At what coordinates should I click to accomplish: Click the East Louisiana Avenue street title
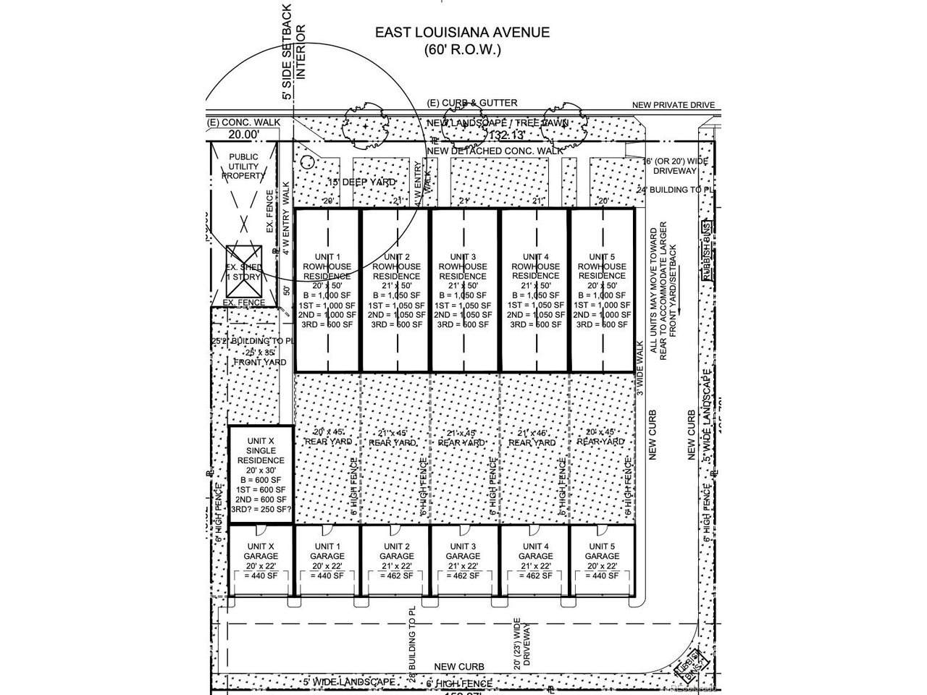pos(461,33)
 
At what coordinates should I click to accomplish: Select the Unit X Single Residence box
pos(261,475)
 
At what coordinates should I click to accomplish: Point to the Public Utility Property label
pos(243,167)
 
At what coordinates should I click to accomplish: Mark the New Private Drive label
pos(673,106)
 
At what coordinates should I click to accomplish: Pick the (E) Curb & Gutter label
pos(471,104)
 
